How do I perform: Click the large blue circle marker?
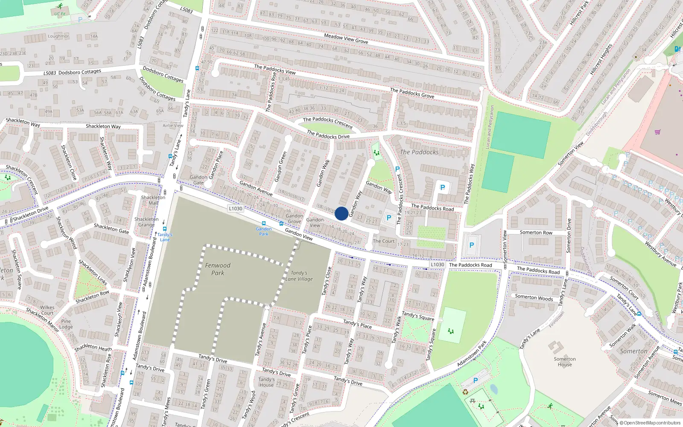[x=341, y=213]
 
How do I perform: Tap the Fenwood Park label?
[x=217, y=269]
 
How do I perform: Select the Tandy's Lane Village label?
[x=299, y=276]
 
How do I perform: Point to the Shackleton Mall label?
[x=153, y=200]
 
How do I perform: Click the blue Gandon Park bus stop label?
[x=264, y=231]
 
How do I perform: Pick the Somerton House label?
[x=564, y=362]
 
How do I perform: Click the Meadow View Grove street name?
[x=346, y=38]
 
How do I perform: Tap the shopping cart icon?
[x=657, y=132]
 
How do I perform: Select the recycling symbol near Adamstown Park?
[x=465, y=392]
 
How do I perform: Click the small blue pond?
[x=493, y=389]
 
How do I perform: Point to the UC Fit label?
[x=60, y=14]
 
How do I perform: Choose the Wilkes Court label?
[x=47, y=310]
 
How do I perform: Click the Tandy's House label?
[x=266, y=382]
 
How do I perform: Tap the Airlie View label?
[x=173, y=126]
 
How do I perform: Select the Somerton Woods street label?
[x=534, y=297]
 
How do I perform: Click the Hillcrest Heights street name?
[x=601, y=60]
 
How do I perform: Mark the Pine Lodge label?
[x=66, y=324]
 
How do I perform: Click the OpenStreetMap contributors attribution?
[x=650, y=423]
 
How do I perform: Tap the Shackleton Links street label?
[x=93, y=272]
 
